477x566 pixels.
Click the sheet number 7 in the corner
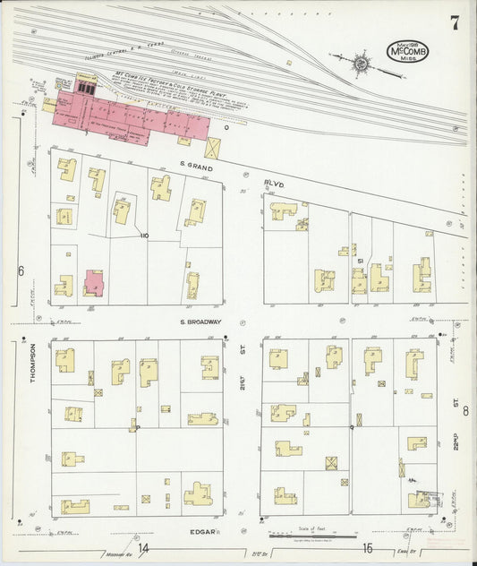[x=455, y=24]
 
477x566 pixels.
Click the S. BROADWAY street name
[x=201, y=322]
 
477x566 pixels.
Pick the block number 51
[x=359, y=261]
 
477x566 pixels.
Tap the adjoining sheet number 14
[x=143, y=548]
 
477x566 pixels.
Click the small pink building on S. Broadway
[x=94, y=282]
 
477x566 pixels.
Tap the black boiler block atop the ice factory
[x=87, y=87]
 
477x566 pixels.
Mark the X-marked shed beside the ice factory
[x=213, y=148]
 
